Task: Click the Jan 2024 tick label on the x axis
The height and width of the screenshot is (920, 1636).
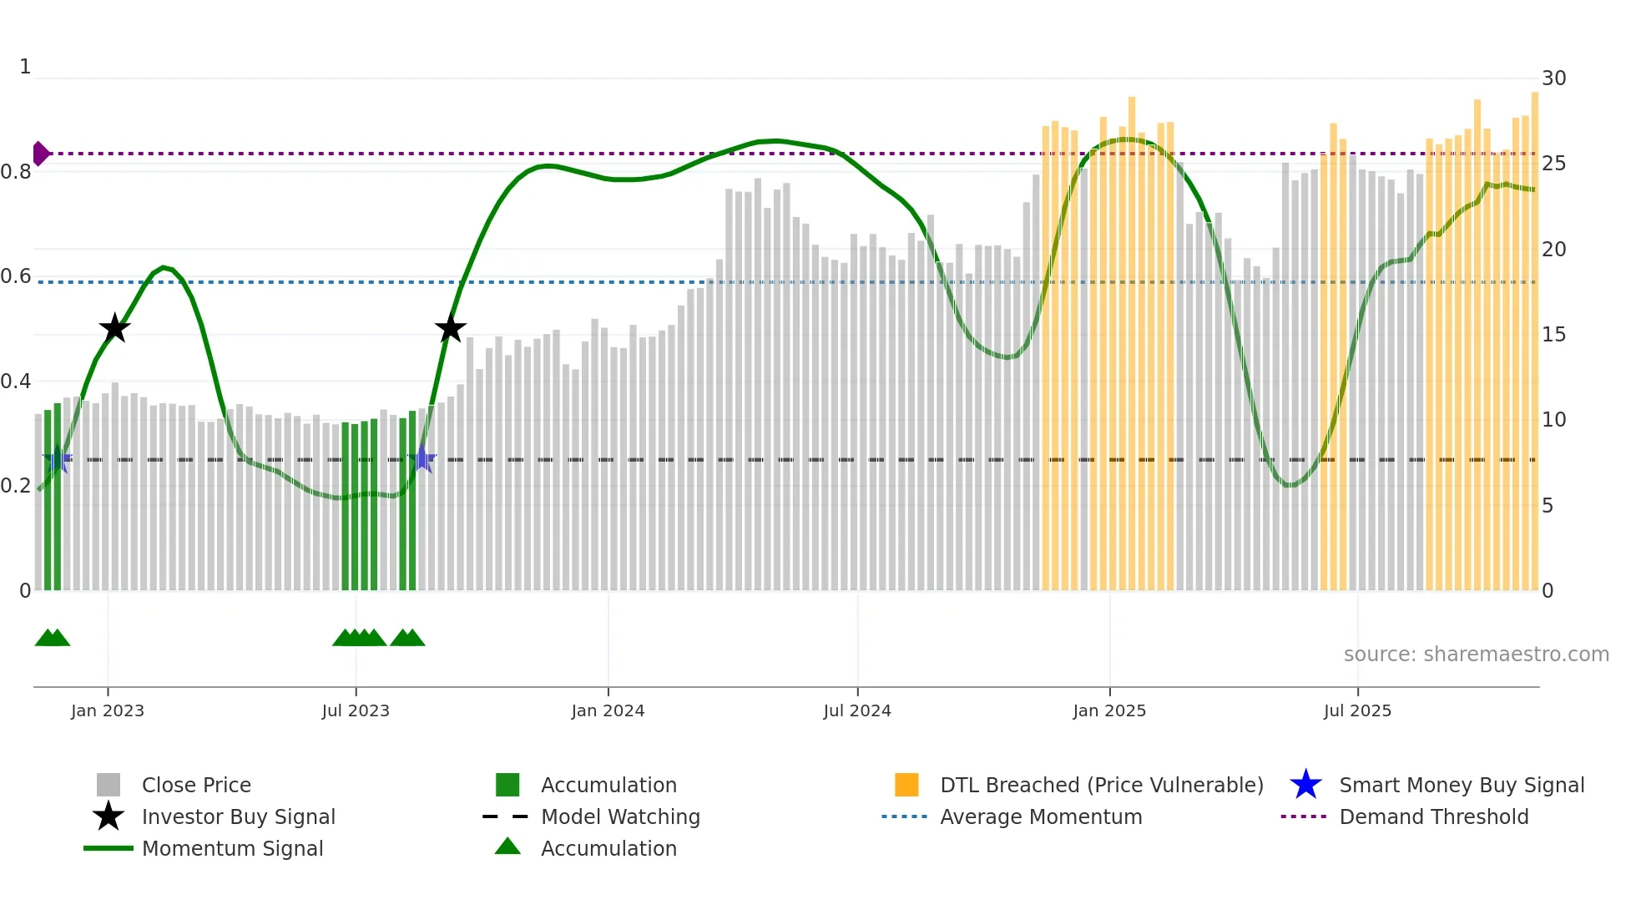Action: point(608,711)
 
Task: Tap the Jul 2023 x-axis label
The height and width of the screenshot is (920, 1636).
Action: point(356,711)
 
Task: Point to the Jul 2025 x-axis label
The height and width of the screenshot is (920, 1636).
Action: point(1357,711)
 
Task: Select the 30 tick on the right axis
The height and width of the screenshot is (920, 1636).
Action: point(1553,78)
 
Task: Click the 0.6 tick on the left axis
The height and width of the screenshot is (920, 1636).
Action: point(16,276)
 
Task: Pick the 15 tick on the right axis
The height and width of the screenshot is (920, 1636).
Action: point(1553,335)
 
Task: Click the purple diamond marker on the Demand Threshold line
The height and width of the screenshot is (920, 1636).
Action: point(40,154)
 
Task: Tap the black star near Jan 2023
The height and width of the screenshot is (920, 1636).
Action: point(114,328)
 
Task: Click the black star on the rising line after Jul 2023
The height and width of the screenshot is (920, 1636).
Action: point(451,328)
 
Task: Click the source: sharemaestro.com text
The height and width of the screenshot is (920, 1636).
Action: point(1476,655)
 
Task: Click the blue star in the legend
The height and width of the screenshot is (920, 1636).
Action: point(1305,785)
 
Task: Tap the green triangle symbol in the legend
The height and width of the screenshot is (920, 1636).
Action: point(507,847)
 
